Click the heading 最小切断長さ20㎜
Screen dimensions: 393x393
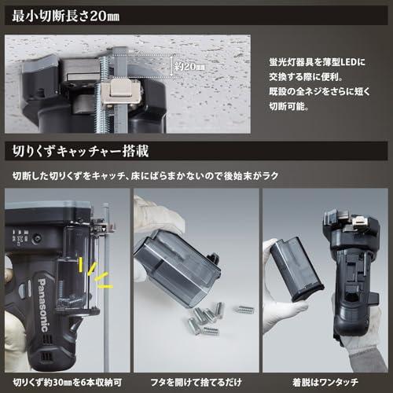coord(66,16)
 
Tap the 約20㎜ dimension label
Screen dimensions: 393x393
coord(189,67)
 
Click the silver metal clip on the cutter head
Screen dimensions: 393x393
coord(120,91)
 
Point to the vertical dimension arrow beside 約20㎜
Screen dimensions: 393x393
coord(171,66)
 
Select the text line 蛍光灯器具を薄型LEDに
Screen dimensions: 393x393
coord(317,62)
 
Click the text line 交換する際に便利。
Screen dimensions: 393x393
coord(306,77)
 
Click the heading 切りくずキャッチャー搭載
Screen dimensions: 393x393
coord(81,151)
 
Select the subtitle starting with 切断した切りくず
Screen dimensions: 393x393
coord(145,176)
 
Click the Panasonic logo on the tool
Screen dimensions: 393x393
coord(43,305)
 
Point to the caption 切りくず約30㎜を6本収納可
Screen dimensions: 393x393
coord(68,383)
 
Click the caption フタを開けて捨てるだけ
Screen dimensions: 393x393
coord(196,383)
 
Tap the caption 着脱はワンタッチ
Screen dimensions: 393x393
coord(325,383)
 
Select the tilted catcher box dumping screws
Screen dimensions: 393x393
coord(178,266)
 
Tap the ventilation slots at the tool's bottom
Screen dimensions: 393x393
coord(45,355)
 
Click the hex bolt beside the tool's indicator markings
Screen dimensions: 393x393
coord(37,239)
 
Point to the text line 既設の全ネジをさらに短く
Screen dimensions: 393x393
coord(320,92)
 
